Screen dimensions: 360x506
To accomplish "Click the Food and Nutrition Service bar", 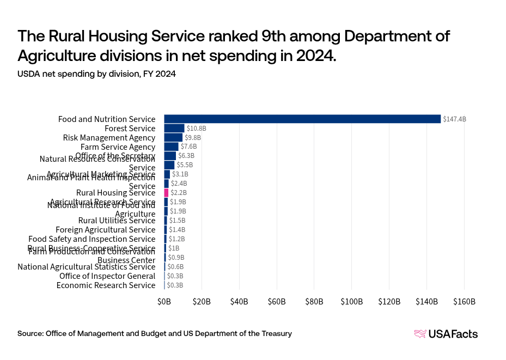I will pyautogui.click(x=302, y=119).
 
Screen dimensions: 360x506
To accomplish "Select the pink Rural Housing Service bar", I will pyautogui.click(x=166, y=193).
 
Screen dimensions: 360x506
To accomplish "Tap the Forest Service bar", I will pyautogui.click(x=174, y=128).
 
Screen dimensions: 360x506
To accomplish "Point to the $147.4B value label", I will pyautogui.click(x=454, y=119).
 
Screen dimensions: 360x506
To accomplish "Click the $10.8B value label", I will pyautogui.click(x=196, y=128).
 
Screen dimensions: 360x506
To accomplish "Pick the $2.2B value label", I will pyautogui.click(x=179, y=193).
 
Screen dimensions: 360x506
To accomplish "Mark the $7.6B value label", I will pyautogui.click(x=188, y=147).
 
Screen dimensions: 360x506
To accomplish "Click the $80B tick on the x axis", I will pyautogui.click(x=314, y=302).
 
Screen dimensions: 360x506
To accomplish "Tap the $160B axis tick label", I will pyautogui.click(x=464, y=302).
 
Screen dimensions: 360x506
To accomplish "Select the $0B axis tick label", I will pyautogui.click(x=164, y=302).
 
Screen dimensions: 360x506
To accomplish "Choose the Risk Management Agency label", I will pyautogui.click(x=109, y=137).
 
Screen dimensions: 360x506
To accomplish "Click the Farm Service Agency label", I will pyautogui.click(x=118, y=147).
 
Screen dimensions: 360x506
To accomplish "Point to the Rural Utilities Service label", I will pyautogui.click(x=117, y=221).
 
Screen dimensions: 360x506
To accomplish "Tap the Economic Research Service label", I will pyautogui.click(x=106, y=285).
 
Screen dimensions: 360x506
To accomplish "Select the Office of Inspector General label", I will pyautogui.click(x=107, y=276).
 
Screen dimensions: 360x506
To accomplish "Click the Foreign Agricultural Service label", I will pyautogui.click(x=105, y=230).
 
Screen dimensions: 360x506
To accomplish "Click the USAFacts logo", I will pyautogui.click(x=446, y=334).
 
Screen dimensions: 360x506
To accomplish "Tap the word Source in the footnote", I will pyautogui.click(x=30, y=333).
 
